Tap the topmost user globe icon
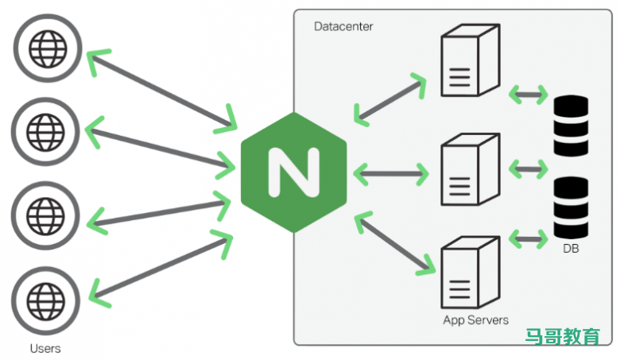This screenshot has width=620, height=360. pos(45,48)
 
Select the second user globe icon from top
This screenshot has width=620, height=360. pos(45,130)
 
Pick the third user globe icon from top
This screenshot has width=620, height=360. pos(45,214)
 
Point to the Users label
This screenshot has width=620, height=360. pos(45,348)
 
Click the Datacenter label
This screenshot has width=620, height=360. pos(343,26)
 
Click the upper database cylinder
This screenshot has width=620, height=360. pos(572,126)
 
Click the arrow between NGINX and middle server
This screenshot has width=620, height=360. pos(389,172)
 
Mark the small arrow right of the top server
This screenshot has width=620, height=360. pos(529,95)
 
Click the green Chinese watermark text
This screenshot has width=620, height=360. pos(563,337)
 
